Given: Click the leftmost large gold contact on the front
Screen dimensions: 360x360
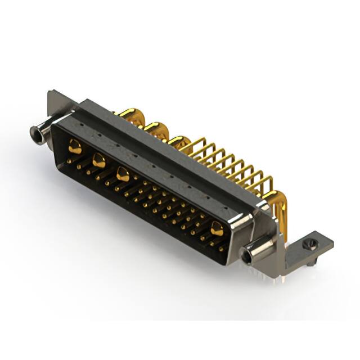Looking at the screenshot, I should tap(75, 147).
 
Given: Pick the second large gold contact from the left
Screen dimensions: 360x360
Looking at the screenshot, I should tap(98, 161).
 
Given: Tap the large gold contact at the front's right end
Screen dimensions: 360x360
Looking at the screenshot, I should tap(217, 228).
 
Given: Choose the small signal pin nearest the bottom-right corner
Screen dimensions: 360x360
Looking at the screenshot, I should tap(220, 247).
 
